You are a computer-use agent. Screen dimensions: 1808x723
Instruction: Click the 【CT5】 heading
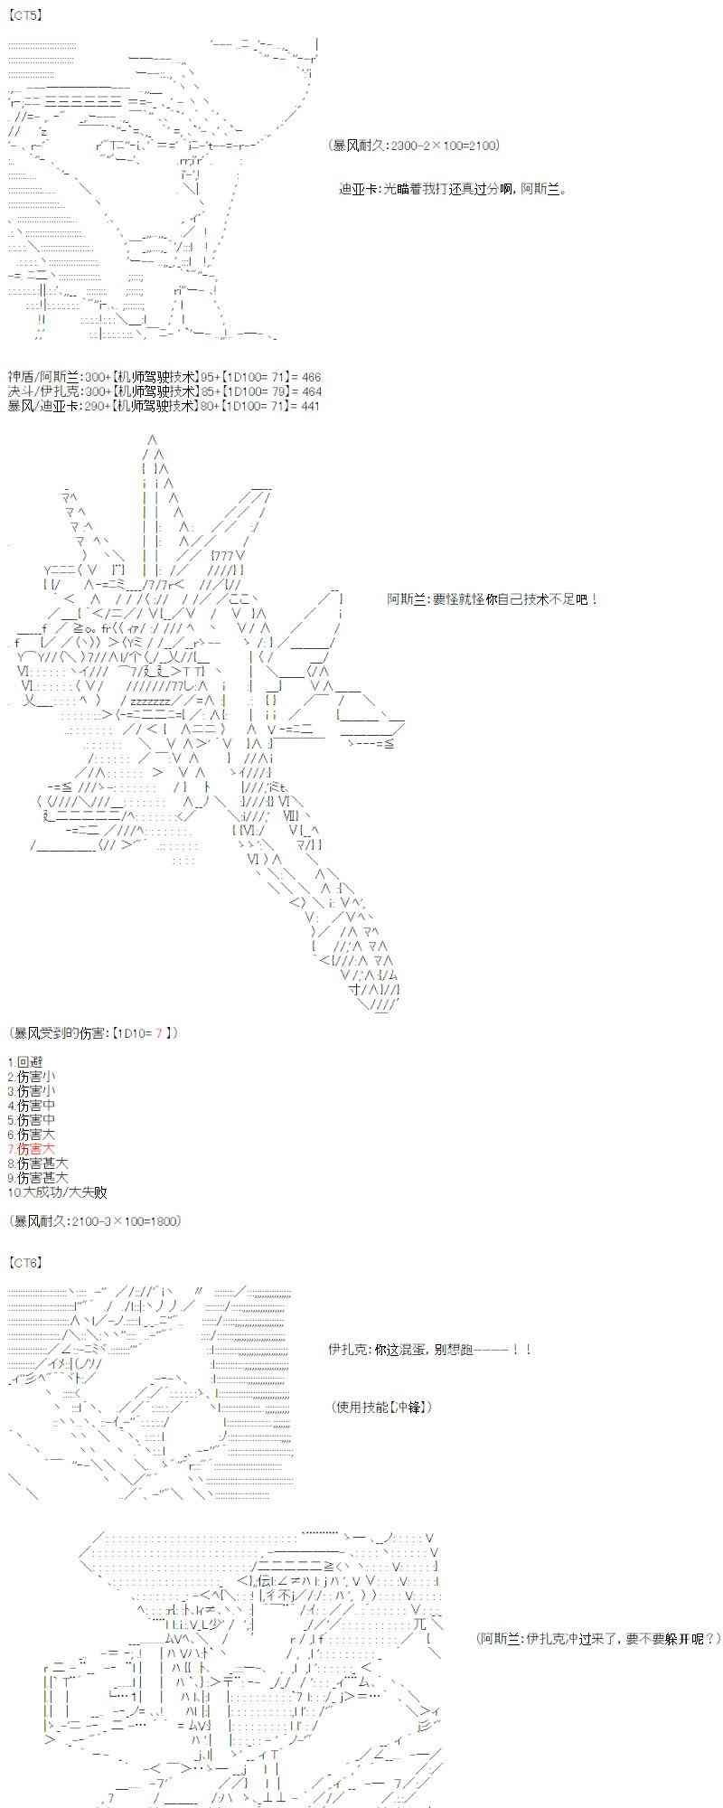pyautogui.click(x=25, y=15)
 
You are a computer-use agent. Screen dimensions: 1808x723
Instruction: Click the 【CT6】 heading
pyautogui.click(x=25, y=1261)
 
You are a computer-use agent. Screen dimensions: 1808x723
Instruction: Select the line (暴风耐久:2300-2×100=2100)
pyautogui.click(x=415, y=146)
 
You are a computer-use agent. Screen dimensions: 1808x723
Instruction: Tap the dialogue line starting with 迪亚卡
pyautogui.click(x=452, y=189)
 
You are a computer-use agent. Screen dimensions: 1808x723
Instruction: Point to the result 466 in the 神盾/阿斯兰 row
pyautogui.click(x=309, y=377)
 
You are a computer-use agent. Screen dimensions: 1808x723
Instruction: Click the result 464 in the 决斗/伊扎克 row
pyautogui.click(x=309, y=391)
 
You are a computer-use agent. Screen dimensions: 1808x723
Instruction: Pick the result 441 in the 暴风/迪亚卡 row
pyautogui.click(x=309, y=406)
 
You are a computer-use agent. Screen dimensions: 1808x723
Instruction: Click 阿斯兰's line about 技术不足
pyautogui.click(x=492, y=598)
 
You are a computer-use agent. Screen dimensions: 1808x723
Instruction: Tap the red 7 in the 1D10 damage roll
pyautogui.click(x=158, y=1032)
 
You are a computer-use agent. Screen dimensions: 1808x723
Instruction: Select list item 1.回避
pyautogui.click(x=25, y=1061)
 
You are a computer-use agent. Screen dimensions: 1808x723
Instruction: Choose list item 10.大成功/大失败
pyautogui.click(x=57, y=1191)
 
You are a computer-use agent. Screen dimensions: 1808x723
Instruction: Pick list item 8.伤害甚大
pyautogui.click(x=38, y=1163)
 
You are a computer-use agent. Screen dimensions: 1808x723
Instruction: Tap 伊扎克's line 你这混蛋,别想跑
pyautogui.click(x=429, y=1350)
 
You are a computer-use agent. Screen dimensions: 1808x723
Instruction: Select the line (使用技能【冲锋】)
pyautogui.click(x=381, y=1407)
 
